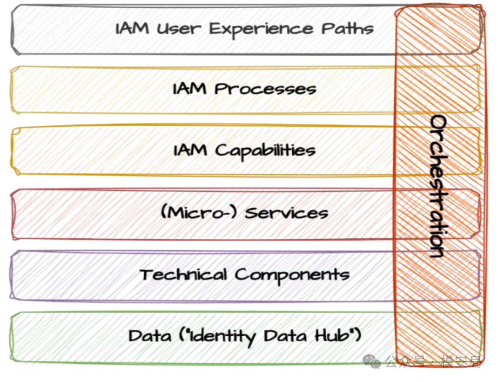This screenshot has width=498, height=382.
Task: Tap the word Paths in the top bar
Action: (347, 28)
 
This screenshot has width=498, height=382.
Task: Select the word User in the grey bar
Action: (179, 29)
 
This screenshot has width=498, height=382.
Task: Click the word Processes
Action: (265, 89)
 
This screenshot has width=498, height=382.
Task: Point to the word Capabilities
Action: (266, 151)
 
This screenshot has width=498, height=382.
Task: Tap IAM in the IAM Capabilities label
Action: (190, 150)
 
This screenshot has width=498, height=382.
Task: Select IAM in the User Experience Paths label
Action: (132, 28)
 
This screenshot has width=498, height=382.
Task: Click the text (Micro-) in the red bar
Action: (199, 212)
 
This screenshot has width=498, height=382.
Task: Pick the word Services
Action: (286, 212)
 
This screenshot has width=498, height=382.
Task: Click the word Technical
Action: (183, 274)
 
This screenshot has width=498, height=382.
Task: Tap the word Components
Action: (292, 275)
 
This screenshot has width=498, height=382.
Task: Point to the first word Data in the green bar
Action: (149, 336)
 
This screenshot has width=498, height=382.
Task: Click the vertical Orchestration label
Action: (439, 186)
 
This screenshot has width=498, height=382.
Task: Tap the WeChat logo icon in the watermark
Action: (372, 362)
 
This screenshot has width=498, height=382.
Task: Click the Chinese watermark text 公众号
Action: (405, 362)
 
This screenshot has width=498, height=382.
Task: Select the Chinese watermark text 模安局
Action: (461, 362)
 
